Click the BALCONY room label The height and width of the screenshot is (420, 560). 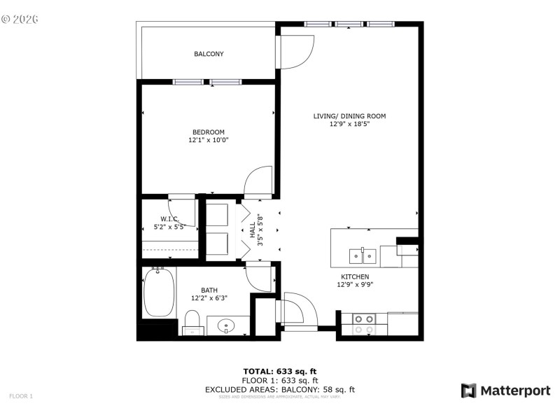(209, 54)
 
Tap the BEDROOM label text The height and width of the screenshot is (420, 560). (209, 132)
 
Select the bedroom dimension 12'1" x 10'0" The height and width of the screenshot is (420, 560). (209, 140)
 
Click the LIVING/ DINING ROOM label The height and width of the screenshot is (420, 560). (349, 116)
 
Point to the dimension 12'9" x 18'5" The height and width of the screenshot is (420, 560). (349, 125)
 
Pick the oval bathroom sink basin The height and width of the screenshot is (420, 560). (227, 325)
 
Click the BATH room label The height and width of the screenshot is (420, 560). (209, 290)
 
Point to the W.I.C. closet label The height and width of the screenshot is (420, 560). (169, 218)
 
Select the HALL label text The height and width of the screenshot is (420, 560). (253, 229)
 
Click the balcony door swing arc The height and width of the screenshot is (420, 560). (297, 52)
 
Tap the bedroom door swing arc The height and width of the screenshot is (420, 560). (257, 181)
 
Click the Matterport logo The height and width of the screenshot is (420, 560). (505, 391)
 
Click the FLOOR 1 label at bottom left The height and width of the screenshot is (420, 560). (21, 396)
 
